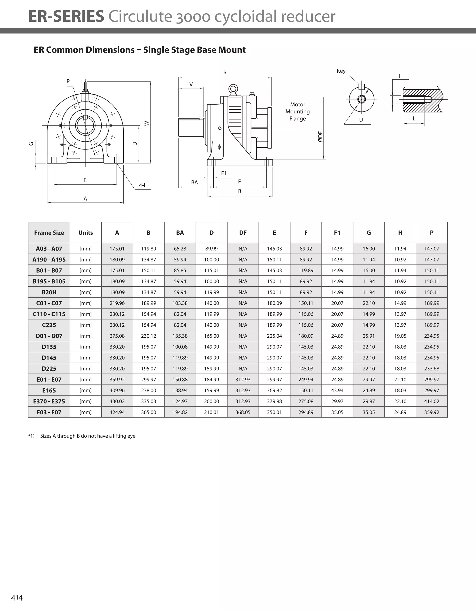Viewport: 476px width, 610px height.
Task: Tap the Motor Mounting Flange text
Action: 297,112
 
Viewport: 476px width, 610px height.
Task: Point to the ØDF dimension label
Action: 321,137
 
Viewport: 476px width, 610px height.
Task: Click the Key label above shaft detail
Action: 341,71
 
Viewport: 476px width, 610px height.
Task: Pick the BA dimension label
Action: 194,182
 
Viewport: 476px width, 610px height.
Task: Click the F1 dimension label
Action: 224,173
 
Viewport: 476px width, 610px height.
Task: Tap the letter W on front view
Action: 147,123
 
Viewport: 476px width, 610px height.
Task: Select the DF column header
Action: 243,233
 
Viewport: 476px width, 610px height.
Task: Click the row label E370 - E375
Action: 49,401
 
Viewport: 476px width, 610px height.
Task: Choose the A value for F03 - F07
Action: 117,412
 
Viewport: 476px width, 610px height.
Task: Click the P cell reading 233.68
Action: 431,369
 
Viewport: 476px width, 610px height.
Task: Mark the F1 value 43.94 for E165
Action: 337,390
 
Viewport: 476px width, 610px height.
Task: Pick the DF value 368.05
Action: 243,412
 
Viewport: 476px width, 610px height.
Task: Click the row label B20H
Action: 49,292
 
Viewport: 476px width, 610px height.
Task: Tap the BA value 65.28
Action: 180,249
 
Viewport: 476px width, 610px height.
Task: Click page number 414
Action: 17,598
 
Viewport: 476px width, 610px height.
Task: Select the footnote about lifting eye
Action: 88,436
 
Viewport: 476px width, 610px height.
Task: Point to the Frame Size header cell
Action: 49,233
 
